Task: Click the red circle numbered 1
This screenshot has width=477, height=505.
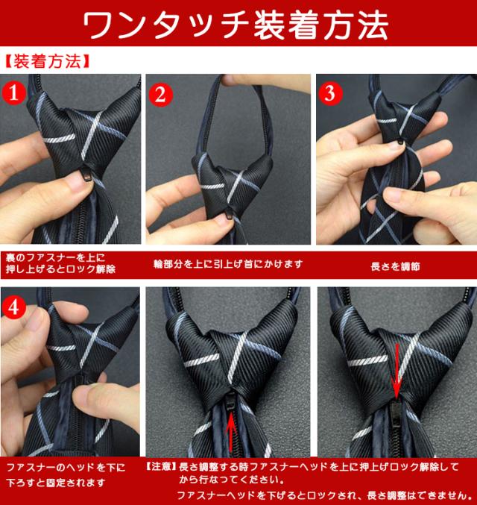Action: click(13, 93)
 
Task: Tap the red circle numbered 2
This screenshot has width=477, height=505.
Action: click(160, 95)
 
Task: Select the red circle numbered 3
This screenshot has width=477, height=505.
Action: click(330, 93)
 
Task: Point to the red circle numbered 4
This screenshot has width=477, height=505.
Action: click(13, 307)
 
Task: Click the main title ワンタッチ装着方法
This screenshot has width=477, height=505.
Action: click(236, 25)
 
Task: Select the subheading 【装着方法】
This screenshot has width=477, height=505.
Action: click(47, 61)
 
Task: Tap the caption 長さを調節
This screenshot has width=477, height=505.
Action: click(395, 266)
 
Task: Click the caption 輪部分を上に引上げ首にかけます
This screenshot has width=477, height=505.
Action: click(228, 264)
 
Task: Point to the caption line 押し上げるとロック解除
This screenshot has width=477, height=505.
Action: click(60, 269)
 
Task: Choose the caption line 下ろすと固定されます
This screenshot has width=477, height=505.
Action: click(56, 483)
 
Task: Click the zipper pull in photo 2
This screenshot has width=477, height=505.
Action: click(229, 213)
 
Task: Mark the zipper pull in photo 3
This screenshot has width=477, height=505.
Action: click(400, 141)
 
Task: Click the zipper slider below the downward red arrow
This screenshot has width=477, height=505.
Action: click(395, 413)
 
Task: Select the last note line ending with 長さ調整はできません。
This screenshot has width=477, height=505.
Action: click(324, 495)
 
